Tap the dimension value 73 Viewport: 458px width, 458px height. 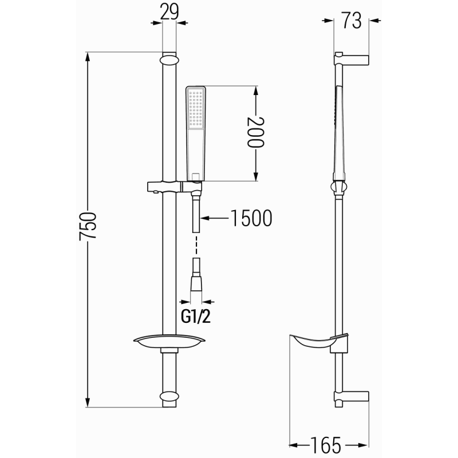point(352,21)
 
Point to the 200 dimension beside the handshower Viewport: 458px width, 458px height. point(256,133)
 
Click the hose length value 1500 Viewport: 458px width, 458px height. point(251,218)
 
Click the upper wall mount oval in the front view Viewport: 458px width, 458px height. point(169,60)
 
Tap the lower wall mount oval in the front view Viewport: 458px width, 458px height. point(169,396)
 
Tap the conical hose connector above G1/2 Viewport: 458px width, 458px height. point(196,282)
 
